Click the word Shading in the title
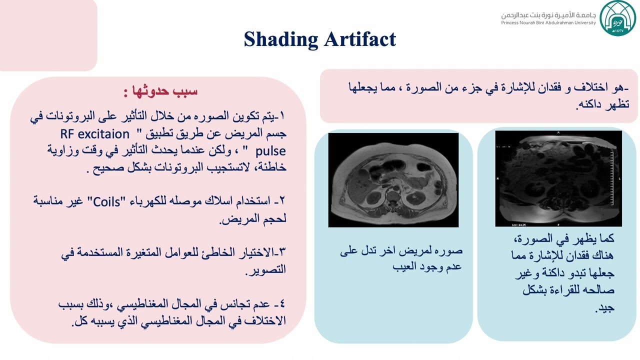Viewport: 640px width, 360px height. click(x=280, y=39)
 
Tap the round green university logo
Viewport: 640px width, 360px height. click(x=617, y=18)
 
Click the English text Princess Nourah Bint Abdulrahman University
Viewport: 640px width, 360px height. click(x=548, y=23)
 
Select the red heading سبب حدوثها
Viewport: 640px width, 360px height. click(x=165, y=91)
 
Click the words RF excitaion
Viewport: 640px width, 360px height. click(x=95, y=134)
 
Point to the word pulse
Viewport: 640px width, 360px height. click(x=270, y=151)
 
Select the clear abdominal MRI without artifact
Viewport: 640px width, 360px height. click(x=393, y=180)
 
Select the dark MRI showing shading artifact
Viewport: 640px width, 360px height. click(x=558, y=178)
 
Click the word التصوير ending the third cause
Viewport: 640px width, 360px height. click(x=269, y=270)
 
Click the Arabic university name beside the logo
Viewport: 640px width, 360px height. click(x=548, y=14)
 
